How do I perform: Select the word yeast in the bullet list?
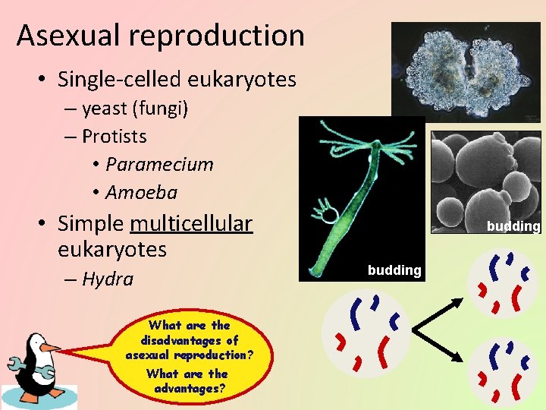point(105,109)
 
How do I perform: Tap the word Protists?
point(114,137)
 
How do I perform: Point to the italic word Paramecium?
point(159,165)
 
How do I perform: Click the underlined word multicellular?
point(191,223)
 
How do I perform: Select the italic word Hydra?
point(107,279)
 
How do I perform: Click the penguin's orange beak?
point(50,347)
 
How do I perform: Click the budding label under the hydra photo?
point(394,270)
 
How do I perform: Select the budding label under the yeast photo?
point(513,226)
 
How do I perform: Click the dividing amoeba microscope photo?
point(466,70)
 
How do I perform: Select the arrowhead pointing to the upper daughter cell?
point(458,302)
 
